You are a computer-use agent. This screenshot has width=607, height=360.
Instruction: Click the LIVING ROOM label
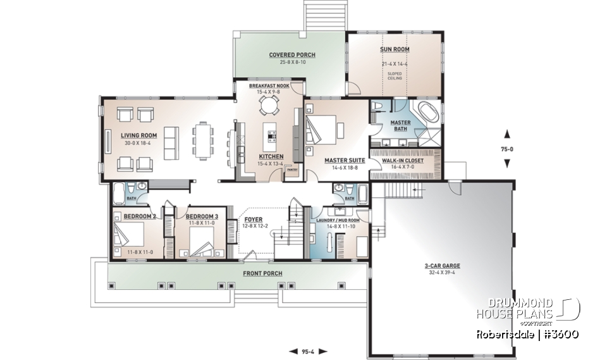pyautogui.click(x=139, y=135)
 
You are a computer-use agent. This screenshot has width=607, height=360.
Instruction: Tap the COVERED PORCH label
pyautogui.click(x=291, y=55)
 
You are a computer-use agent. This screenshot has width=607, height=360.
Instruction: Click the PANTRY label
pyautogui.click(x=291, y=170)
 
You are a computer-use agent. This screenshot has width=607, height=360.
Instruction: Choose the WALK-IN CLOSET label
pyautogui.click(x=403, y=161)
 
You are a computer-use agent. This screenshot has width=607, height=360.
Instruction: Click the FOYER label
pyautogui.click(x=253, y=220)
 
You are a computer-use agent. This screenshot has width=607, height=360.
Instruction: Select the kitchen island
pyautogui.click(x=272, y=134)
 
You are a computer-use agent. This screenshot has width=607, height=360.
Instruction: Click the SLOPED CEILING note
pyautogui.click(x=395, y=76)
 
